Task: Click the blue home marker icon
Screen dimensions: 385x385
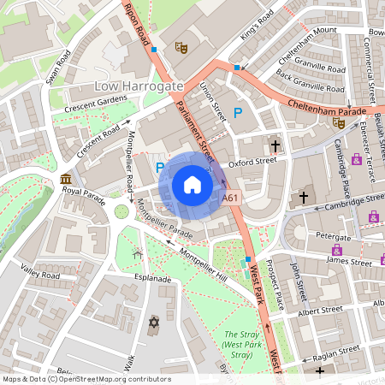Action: click(x=192, y=185)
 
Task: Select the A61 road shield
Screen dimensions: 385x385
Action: click(x=230, y=198)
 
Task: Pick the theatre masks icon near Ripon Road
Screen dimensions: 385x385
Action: click(x=181, y=48)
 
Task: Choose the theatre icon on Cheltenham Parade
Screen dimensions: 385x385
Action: click(x=339, y=122)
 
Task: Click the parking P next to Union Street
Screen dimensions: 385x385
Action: click(x=239, y=112)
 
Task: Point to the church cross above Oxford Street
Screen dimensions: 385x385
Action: click(x=275, y=145)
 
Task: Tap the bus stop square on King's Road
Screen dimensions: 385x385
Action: click(x=237, y=67)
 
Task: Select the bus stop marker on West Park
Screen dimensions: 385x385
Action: click(x=248, y=258)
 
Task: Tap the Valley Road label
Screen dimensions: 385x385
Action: click(x=40, y=275)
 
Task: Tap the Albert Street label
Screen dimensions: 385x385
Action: click(x=320, y=309)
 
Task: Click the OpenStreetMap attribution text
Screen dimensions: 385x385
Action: click(x=86, y=379)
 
